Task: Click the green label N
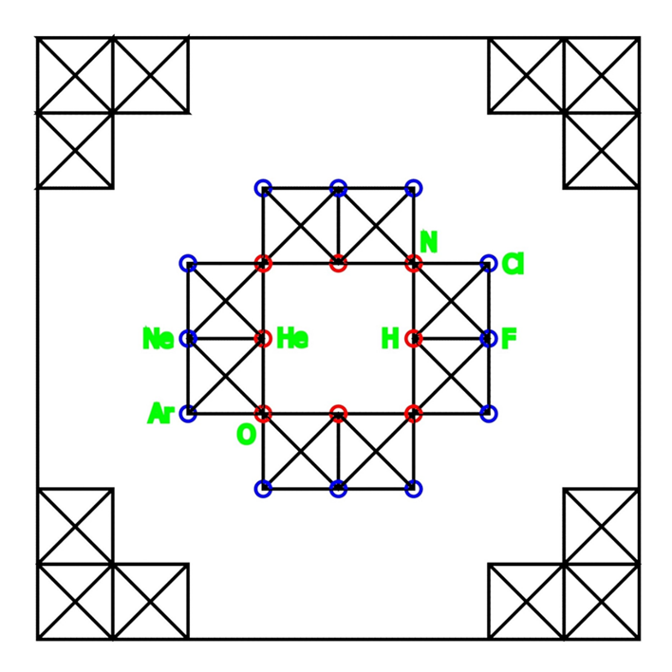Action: click(428, 242)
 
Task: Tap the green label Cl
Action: click(513, 264)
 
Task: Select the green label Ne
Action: click(158, 339)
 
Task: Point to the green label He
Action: click(292, 339)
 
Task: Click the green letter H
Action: click(390, 339)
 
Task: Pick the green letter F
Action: click(509, 339)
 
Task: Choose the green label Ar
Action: click(160, 414)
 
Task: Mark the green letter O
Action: click(246, 435)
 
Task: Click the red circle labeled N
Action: click(413, 263)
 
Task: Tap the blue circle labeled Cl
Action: click(489, 263)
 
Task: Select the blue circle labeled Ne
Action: click(188, 338)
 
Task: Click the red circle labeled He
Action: click(263, 338)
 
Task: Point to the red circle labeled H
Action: click(413, 338)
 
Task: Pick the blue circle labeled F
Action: click(489, 338)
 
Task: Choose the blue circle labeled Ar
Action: click(188, 414)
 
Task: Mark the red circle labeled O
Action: click(263, 414)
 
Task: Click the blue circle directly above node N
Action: click(413, 188)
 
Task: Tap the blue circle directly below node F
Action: click(489, 414)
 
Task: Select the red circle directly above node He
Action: click(263, 263)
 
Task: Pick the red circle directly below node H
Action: click(413, 414)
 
